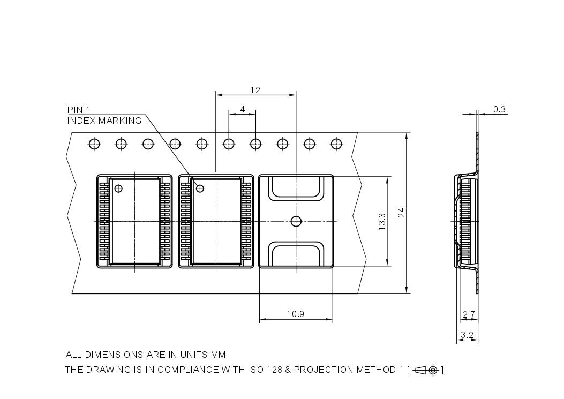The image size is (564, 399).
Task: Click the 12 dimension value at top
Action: [x=255, y=90]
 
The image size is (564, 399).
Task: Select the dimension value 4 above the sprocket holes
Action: [x=242, y=109]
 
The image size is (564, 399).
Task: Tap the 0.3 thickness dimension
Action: [x=499, y=109]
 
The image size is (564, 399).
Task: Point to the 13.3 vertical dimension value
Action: [x=381, y=221]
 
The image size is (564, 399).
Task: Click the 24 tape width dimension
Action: [x=401, y=213]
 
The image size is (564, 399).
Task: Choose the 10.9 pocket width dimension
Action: [x=295, y=314]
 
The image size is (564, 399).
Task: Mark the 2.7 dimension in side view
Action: [x=468, y=315]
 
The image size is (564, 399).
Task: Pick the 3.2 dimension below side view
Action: [x=467, y=336]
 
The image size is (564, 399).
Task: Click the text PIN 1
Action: [x=78, y=110]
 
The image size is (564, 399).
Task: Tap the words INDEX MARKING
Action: [x=104, y=121]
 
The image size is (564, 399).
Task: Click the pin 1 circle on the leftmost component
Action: [x=118, y=188]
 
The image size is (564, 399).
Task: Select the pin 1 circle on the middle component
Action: [x=200, y=188]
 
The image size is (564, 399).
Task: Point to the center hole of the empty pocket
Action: [x=296, y=221]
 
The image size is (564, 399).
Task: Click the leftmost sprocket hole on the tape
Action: [x=94, y=144]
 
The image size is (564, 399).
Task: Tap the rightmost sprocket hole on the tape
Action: [x=336, y=144]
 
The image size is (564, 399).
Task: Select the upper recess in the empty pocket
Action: [x=296, y=189]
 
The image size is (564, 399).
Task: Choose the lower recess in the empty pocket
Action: [x=296, y=253]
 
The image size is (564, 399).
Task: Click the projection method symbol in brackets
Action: [x=427, y=370]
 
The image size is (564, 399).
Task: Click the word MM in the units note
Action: [x=219, y=355]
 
